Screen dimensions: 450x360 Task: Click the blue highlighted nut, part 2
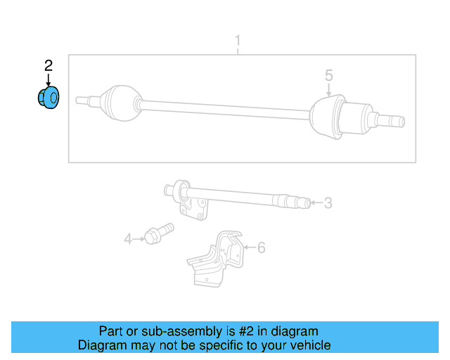point(49,98)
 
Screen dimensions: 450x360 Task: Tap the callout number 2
point(49,66)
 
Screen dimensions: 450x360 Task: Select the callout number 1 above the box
point(238,40)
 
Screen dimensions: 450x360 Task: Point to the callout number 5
point(328,75)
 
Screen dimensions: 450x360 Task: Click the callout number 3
point(328,203)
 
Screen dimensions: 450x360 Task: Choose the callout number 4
point(128,239)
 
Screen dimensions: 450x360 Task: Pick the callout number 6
point(262,247)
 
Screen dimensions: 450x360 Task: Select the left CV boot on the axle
point(119,101)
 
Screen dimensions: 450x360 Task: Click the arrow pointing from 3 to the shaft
point(316,203)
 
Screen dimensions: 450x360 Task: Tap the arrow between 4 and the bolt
point(139,239)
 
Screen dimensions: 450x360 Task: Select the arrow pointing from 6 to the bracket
point(249,247)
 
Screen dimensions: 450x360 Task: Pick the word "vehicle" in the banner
point(309,345)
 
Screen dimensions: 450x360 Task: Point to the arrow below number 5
point(328,89)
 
